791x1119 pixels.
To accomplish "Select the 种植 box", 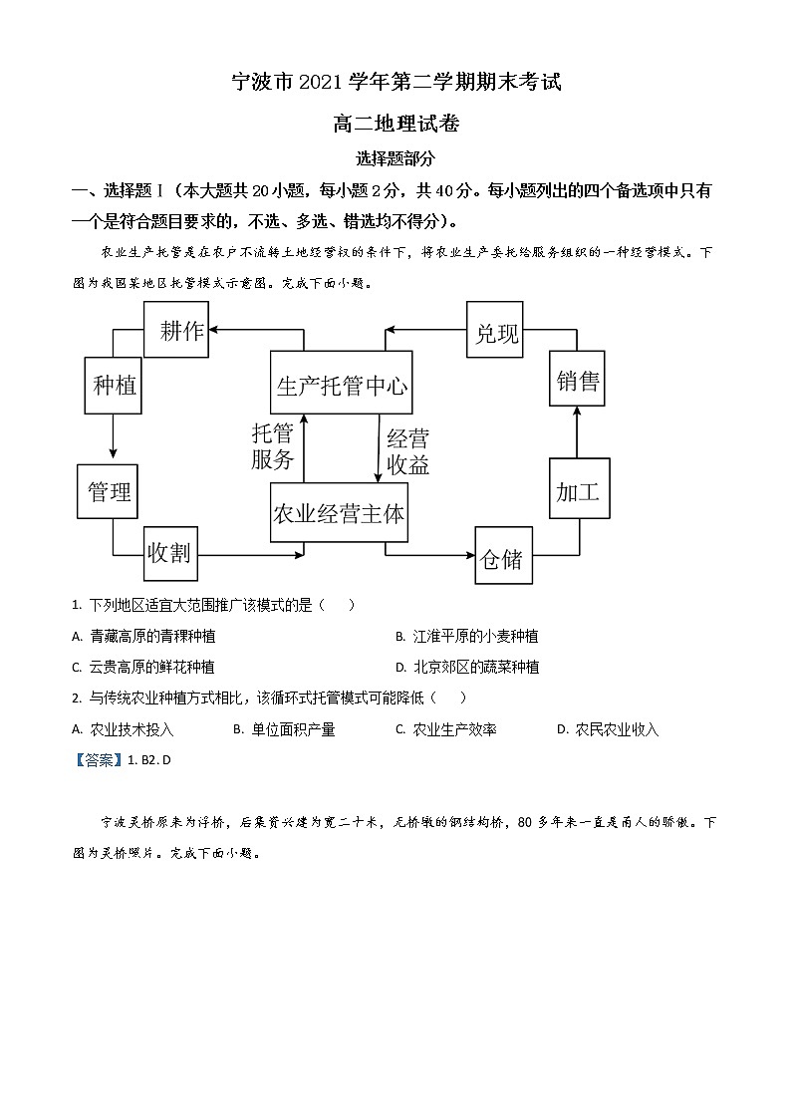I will pyautogui.click(x=114, y=385).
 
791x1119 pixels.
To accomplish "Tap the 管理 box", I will pyautogui.click(x=108, y=491).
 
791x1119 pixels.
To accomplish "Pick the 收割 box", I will pyautogui.click(x=169, y=553).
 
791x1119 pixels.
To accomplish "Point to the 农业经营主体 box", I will pyautogui.click(x=339, y=514).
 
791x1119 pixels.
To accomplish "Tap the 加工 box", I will pyautogui.click(x=579, y=491).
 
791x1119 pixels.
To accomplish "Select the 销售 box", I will pyautogui.click(x=578, y=380).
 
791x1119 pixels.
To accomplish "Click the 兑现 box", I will pyautogui.click(x=496, y=331).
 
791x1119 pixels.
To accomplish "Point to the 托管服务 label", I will pyautogui.click(x=273, y=446).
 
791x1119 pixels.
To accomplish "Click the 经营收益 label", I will pyautogui.click(x=407, y=450).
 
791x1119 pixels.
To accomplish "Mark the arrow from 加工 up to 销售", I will pyautogui.click(x=578, y=432).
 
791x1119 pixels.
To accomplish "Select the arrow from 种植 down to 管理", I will pyautogui.click(x=113, y=438).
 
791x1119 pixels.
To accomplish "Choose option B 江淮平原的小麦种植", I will pyautogui.click(x=474, y=636).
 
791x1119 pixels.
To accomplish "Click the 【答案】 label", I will pyautogui.click(x=97, y=759).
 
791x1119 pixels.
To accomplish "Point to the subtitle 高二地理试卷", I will pyautogui.click(x=395, y=124).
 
